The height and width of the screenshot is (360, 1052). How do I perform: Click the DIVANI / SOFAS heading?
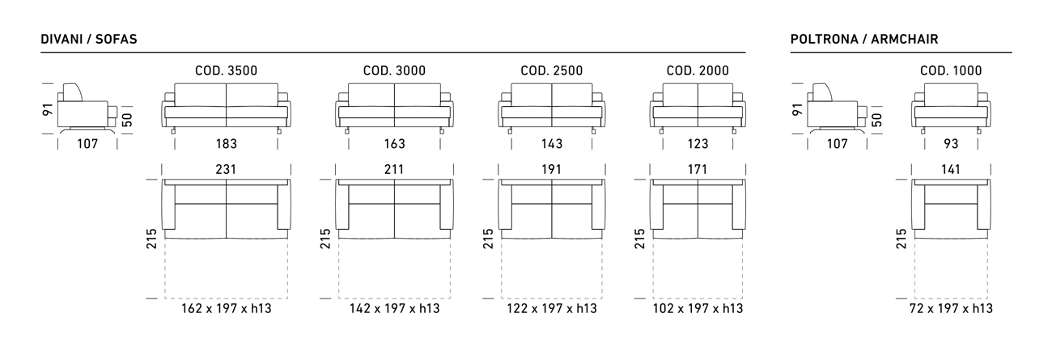point(89,39)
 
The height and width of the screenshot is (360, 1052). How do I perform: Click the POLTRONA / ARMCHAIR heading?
point(864,39)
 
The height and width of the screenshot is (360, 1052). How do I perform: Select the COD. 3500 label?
point(227,71)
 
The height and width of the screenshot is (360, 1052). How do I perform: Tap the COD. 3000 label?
point(395,71)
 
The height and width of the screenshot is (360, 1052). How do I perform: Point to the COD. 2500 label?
point(552,71)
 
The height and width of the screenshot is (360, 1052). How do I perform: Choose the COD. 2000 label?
point(698,71)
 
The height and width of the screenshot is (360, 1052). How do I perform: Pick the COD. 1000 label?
point(951,71)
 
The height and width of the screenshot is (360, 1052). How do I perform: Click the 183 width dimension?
point(227,144)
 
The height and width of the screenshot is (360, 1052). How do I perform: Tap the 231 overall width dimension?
point(226,169)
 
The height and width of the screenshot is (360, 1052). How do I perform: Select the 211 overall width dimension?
point(394,169)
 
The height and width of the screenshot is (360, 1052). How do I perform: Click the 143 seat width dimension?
point(552,144)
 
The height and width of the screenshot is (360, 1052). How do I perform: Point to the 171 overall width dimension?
point(698,169)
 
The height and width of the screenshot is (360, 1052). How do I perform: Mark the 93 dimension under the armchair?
point(951,144)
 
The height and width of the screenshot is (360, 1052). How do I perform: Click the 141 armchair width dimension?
point(951,169)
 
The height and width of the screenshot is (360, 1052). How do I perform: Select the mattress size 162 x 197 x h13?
point(227,308)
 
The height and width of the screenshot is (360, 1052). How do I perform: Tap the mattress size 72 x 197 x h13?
point(951,308)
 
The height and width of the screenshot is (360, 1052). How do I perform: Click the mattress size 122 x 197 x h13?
point(552,308)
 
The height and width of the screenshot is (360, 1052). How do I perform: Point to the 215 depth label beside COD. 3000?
point(325,239)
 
